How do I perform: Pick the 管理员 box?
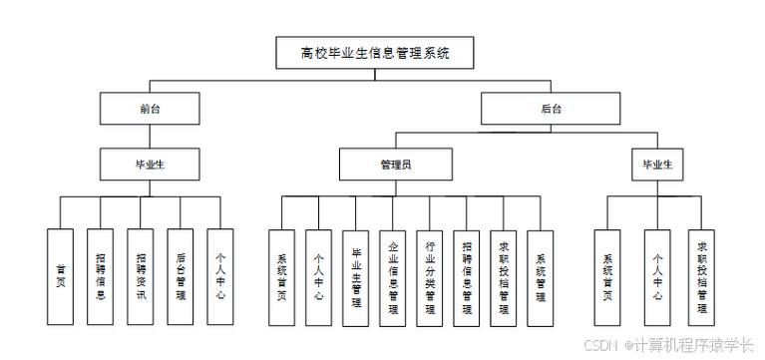397,164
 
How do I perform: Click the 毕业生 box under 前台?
150,164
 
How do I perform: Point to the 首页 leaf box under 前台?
60,277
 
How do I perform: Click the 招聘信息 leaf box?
101,277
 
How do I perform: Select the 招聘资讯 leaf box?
140,277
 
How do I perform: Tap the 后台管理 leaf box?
180,277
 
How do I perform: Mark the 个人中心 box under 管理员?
317,277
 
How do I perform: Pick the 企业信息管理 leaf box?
393,277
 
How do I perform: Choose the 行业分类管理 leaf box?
430,277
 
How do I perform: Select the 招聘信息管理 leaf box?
467,277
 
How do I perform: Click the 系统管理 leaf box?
541,277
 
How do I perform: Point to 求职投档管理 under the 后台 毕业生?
703,277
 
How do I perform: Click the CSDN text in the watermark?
602,345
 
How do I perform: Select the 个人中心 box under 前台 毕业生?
219,277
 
